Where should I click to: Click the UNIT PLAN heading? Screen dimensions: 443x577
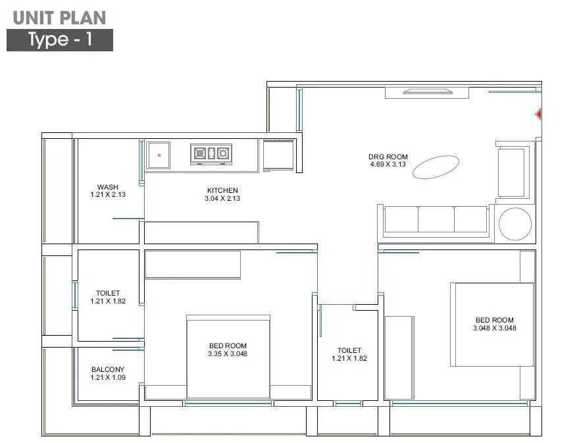(59, 18)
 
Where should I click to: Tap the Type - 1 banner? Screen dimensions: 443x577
(60, 40)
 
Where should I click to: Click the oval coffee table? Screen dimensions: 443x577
(436, 167)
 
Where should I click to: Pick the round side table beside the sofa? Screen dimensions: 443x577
(514, 224)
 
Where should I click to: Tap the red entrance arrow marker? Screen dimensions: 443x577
(538, 115)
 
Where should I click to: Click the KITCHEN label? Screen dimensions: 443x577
(222, 190)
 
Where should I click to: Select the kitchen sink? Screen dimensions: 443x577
(159, 155)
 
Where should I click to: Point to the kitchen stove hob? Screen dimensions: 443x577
(211, 153)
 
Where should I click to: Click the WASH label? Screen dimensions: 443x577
(108, 188)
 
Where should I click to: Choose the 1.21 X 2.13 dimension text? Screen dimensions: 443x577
(108, 195)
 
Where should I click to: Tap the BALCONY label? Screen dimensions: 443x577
(108, 370)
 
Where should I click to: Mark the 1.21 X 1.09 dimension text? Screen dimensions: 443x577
(108, 378)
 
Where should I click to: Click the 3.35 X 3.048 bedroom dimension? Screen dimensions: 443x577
(228, 354)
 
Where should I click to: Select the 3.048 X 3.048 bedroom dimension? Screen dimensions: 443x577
(494, 328)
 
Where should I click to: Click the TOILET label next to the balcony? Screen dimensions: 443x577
(108, 294)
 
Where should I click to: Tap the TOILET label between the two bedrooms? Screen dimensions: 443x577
(349, 351)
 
